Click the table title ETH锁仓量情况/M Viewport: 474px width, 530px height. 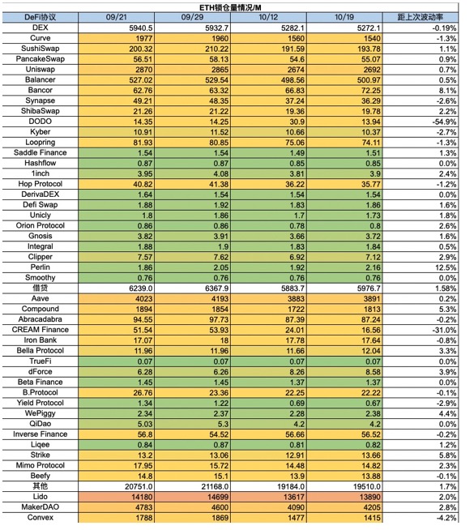coord(230,7)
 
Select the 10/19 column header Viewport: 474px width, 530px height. coord(344,17)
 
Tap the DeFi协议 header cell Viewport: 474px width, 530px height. coord(41,17)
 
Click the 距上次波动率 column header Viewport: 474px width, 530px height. coord(420,17)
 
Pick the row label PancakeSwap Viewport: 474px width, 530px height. coord(41,59)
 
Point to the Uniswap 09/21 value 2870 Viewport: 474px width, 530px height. coord(144,70)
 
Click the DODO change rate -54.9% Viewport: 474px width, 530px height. coord(445,122)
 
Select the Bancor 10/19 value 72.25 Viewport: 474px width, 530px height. coord(371,91)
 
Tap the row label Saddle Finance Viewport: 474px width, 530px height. coord(41,152)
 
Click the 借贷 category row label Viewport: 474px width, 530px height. coord(41,288)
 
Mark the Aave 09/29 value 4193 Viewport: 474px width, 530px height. coord(220,299)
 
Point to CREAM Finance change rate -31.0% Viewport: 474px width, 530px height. coord(445,330)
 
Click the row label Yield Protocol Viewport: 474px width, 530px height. coord(41,403)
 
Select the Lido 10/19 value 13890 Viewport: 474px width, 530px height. coord(370,498)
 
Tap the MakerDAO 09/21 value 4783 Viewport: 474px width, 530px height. coord(144,507)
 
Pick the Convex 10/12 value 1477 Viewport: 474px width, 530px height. coord(296,518)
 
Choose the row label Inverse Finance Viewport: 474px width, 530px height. coord(41,434)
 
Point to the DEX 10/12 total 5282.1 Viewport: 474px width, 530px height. coord(293,28)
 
